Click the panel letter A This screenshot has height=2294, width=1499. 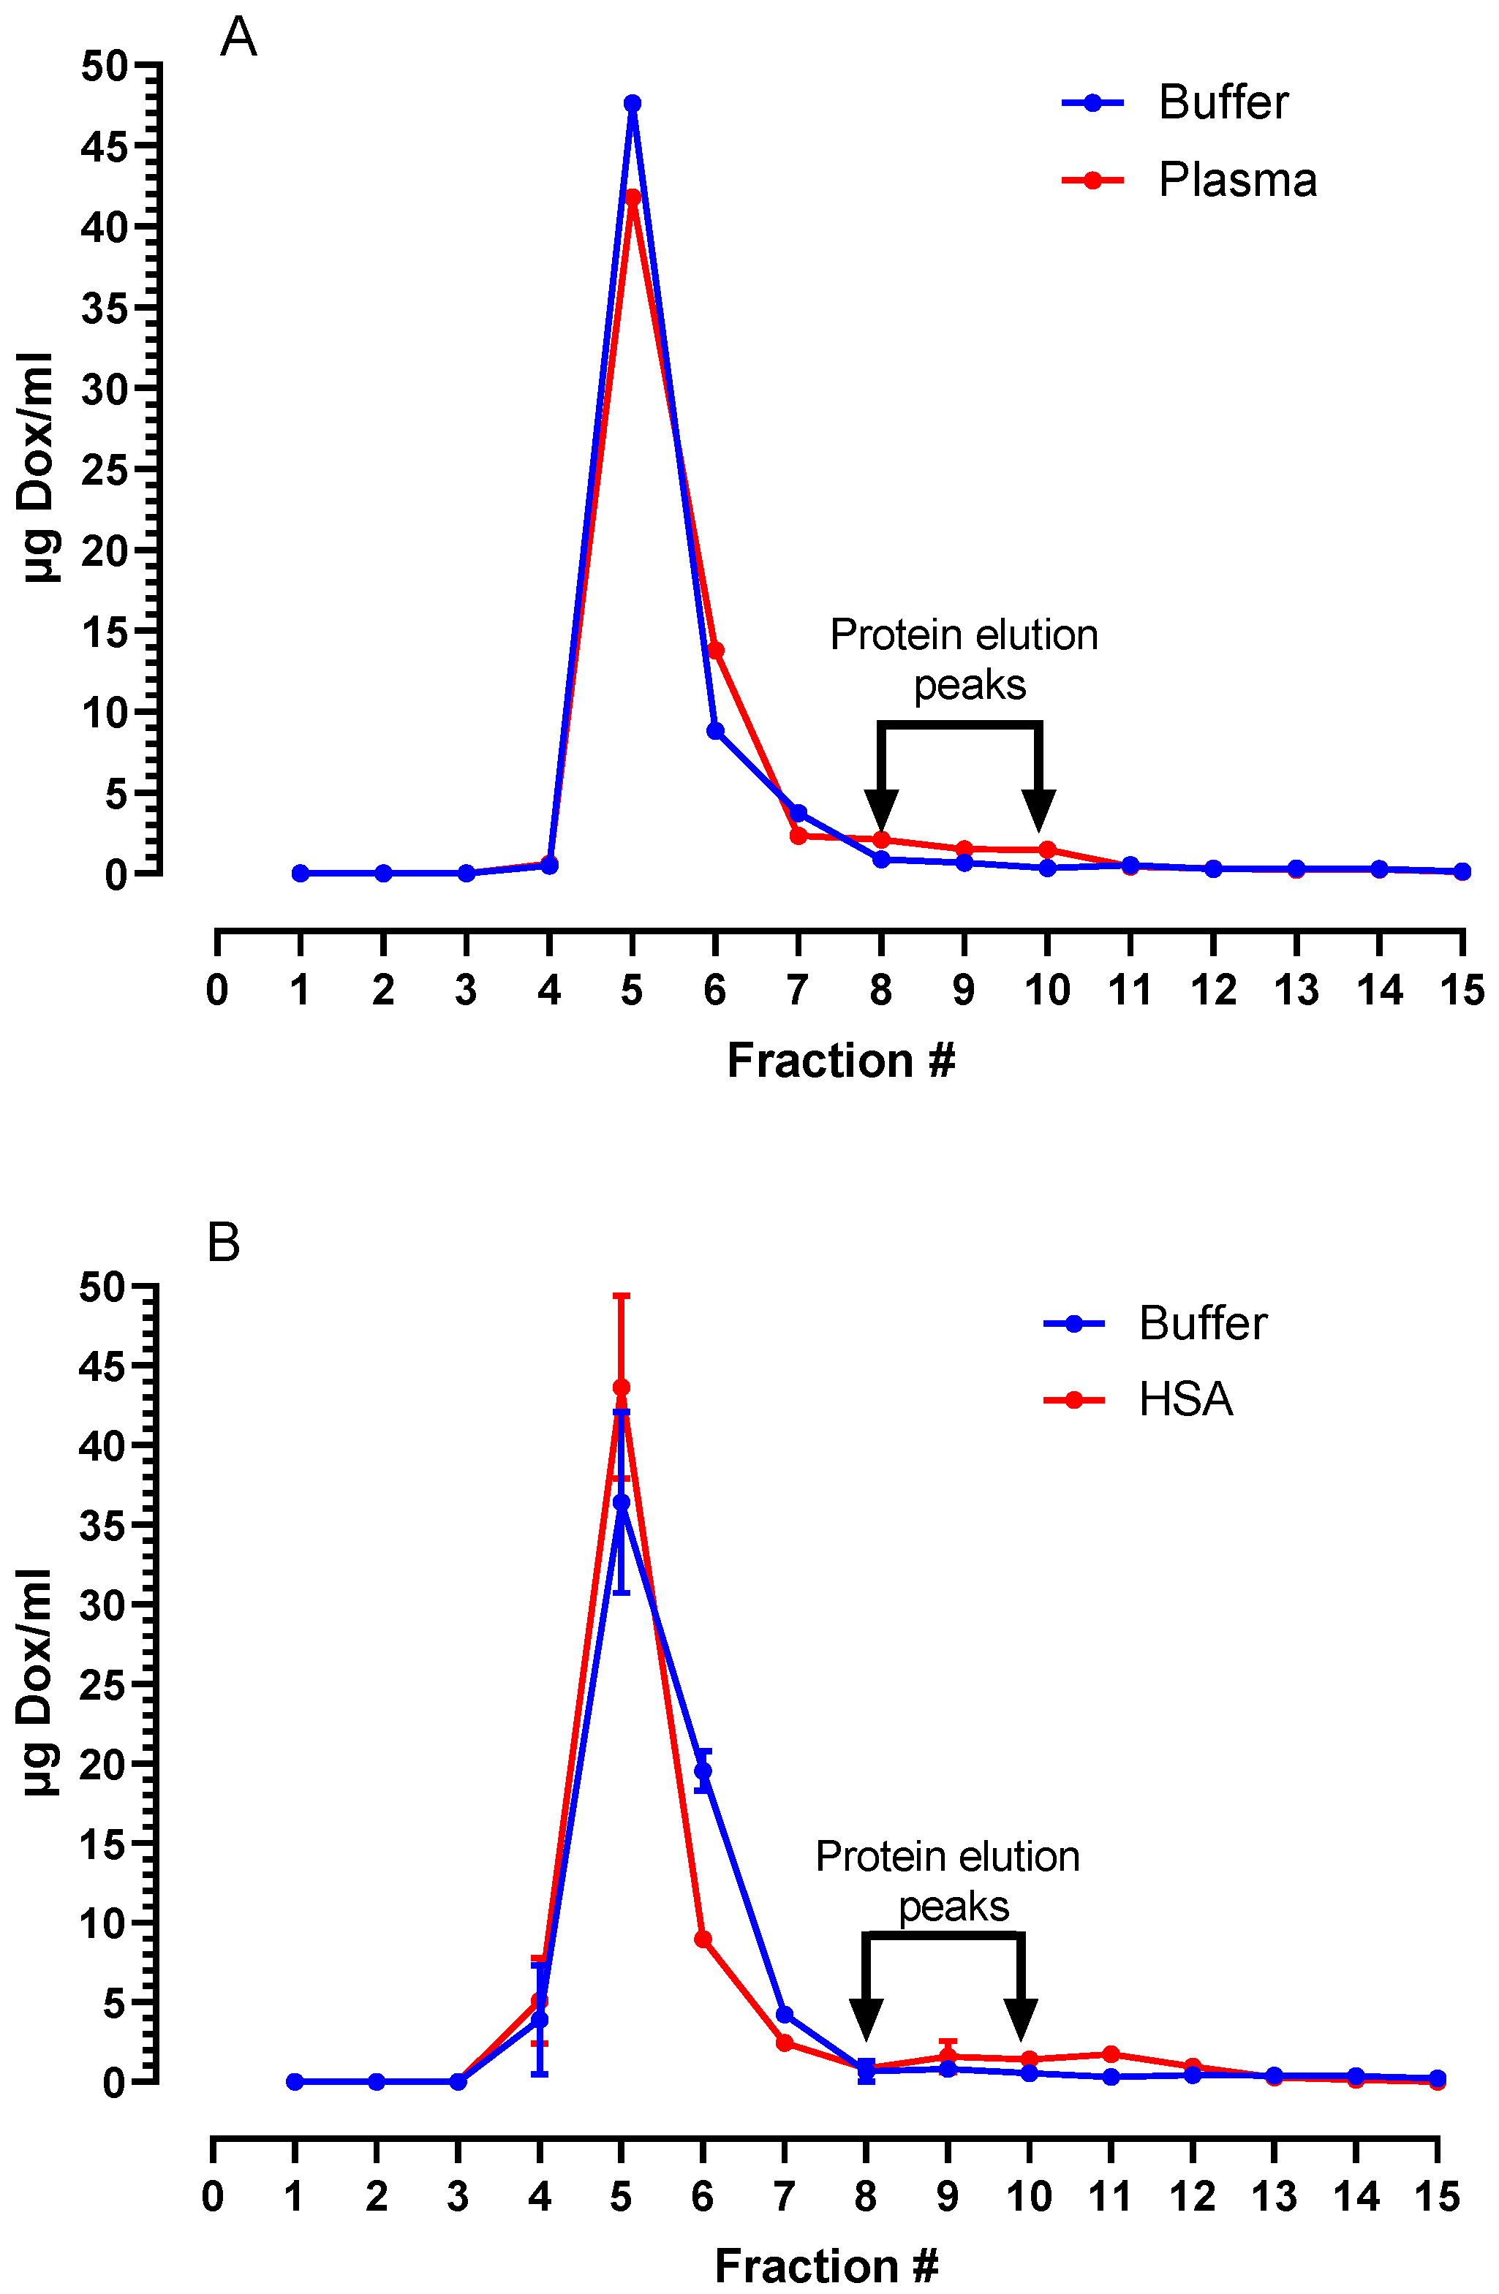point(238,39)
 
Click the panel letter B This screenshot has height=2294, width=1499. point(224,1243)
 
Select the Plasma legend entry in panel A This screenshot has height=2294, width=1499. point(1236,181)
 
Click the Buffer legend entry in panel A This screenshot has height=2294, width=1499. point(1223,102)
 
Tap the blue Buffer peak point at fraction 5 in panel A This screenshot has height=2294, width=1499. point(633,103)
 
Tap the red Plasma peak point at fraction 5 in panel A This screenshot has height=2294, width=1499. point(633,197)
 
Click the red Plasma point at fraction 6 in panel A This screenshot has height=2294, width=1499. point(715,651)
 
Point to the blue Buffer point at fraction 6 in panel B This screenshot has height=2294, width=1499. point(703,1771)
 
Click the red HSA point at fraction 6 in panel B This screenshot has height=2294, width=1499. point(703,1939)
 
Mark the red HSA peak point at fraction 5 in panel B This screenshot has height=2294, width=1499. point(621,1388)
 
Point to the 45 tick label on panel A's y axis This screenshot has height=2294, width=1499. point(104,148)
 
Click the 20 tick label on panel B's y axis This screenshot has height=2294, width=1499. point(102,1764)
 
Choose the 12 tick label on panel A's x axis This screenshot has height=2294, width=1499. point(1212,990)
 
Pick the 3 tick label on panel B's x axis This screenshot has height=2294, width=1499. point(458,2197)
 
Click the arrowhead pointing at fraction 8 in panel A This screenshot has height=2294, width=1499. point(881,811)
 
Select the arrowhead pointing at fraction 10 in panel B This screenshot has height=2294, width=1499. point(1021,2019)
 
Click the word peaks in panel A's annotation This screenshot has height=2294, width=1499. point(970,685)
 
